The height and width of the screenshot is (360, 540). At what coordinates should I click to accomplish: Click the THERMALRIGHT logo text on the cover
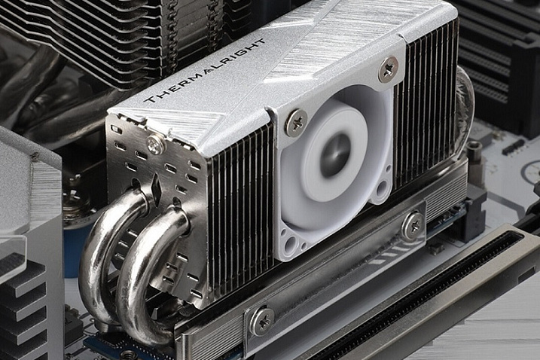[x=206, y=71]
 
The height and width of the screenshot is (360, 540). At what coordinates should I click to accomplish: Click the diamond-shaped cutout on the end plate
[x=156, y=185]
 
